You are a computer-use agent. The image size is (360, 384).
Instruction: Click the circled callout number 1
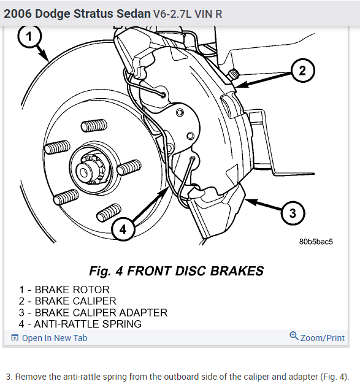(29, 36)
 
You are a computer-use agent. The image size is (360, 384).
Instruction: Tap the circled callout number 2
(303, 71)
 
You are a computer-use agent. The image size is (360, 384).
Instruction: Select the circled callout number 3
(293, 213)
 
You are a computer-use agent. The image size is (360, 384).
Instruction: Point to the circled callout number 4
(123, 229)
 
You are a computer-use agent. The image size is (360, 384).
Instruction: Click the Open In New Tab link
(55, 338)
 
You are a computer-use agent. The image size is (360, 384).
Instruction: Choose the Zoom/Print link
(323, 338)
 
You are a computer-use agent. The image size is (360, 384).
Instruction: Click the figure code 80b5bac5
(316, 242)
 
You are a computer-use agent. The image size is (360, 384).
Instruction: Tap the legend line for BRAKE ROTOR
(64, 290)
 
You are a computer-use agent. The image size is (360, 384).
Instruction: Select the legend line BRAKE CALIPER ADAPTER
(93, 313)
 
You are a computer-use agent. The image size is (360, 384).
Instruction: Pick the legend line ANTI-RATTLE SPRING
(80, 324)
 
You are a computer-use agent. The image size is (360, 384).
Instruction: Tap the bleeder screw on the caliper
(234, 73)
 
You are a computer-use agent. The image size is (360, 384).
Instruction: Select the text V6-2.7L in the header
(172, 14)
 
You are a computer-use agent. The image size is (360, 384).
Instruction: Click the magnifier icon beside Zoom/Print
(294, 336)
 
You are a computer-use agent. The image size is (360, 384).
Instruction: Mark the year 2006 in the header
(18, 13)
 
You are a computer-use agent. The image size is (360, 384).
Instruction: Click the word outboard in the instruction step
(180, 377)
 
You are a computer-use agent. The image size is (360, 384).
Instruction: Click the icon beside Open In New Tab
(15, 338)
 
